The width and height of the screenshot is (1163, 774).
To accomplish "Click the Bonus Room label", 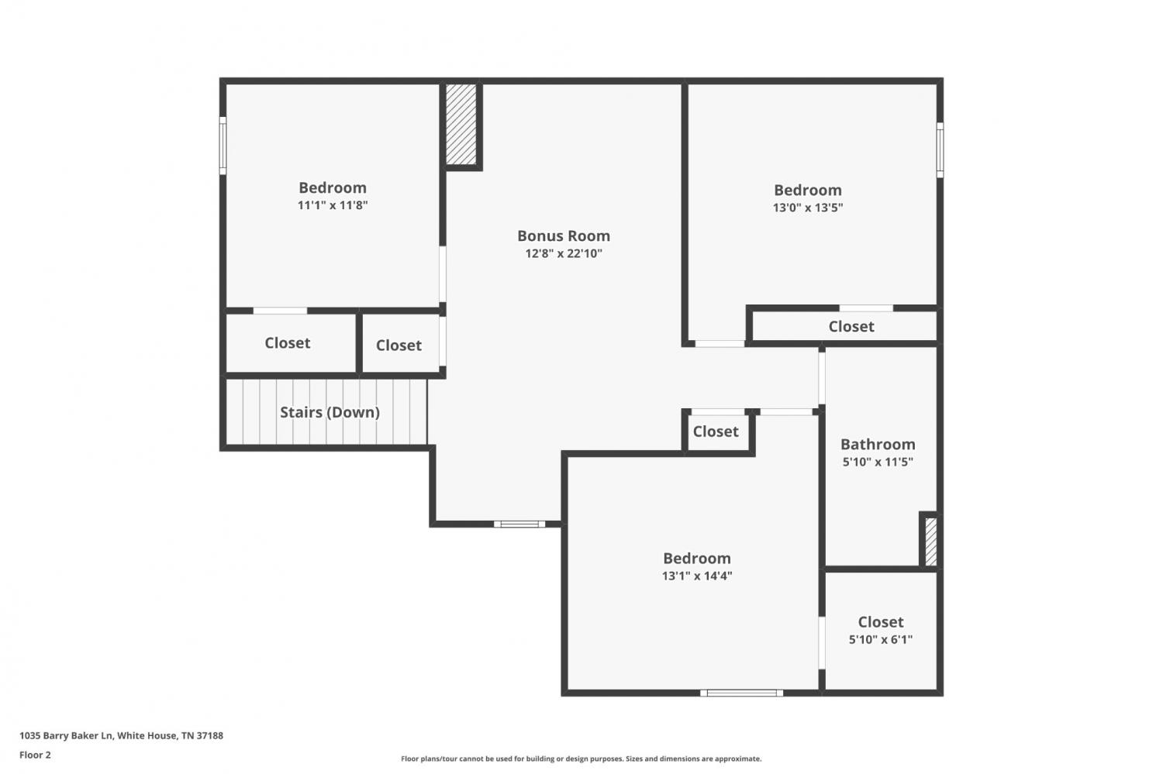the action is [x=564, y=236].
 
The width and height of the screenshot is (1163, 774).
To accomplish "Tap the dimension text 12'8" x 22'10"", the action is [x=564, y=253].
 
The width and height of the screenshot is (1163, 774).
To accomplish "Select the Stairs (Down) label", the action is [x=330, y=412].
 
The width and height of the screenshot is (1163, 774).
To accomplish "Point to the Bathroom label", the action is [x=878, y=444].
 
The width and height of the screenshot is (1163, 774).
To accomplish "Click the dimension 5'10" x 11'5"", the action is [x=878, y=462].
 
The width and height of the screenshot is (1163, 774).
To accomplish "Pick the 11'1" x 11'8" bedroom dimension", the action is [x=333, y=205].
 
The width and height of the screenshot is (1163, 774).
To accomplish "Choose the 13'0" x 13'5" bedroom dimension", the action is [x=807, y=208].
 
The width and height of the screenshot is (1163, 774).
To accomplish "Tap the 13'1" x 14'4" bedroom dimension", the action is [x=697, y=576].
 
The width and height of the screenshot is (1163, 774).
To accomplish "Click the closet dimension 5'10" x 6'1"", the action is [x=881, y=639].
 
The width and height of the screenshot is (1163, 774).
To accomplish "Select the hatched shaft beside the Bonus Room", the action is [x=461, y=125].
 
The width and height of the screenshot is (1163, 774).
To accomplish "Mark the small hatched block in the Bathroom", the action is [x=931, y=542].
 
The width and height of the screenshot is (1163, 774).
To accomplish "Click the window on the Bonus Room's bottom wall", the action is [x=519, y=524].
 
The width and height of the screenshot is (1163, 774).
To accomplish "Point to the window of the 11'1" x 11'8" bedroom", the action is [x=223, y=146].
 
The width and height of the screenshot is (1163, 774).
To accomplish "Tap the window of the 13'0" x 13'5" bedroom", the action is [x=940, y=150].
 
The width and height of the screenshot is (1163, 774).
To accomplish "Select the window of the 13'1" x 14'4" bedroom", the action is [x=741, y=693].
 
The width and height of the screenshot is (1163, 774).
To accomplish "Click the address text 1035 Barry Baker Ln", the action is [x=67, y=735].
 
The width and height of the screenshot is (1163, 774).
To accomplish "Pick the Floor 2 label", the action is [x=36, y=755].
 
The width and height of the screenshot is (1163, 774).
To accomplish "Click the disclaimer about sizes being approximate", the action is [x=581, y=759].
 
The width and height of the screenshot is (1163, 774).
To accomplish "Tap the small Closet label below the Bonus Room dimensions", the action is [x=716, y=431].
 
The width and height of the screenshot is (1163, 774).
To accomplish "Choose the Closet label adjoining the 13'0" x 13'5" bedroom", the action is [x=851, y=326].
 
